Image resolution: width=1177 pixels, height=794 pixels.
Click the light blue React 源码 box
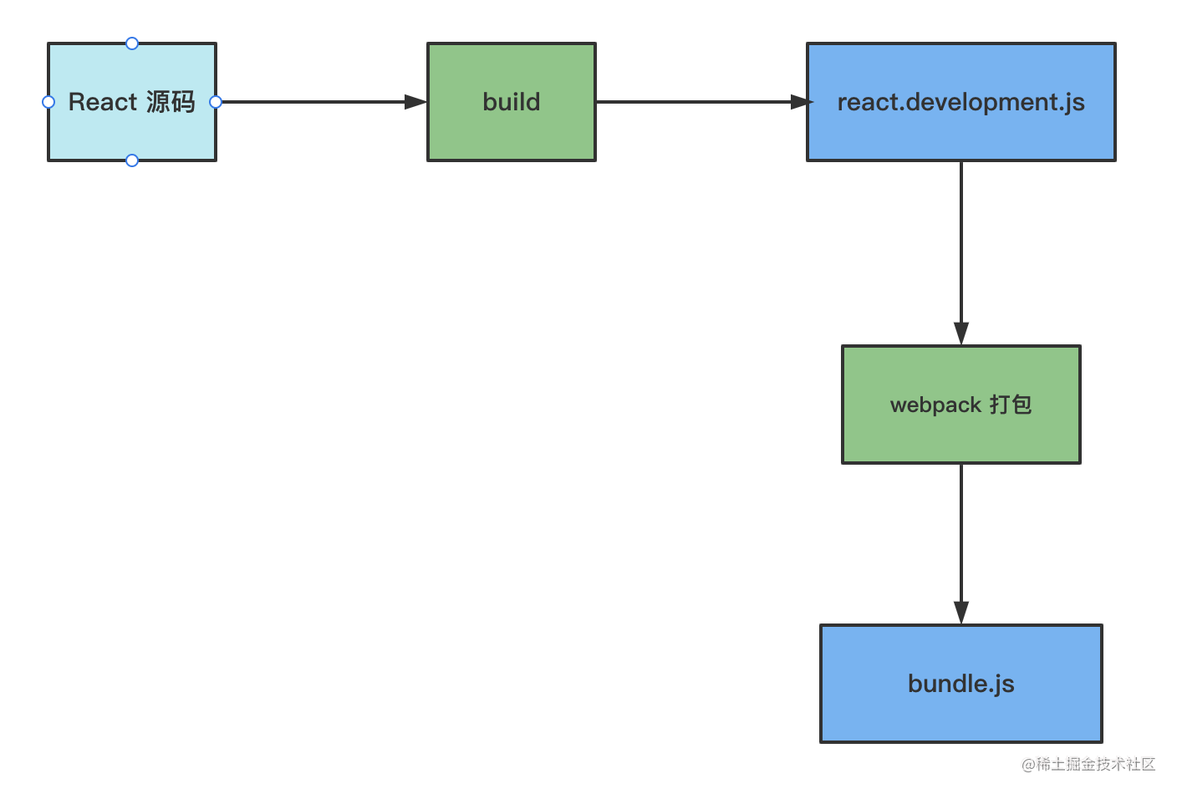[132, 102]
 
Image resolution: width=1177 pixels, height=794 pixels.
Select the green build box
[512, 102]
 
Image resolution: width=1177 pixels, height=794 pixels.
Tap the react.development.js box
[961, 102]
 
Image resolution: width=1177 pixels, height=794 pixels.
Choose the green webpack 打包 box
[961, 405]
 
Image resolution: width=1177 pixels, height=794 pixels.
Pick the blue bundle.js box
[961, 684]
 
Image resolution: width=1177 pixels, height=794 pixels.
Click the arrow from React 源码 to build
[322, 102]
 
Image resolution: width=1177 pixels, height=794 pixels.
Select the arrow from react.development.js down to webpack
[961, 253]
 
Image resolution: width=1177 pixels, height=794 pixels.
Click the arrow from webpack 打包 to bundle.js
[961, 544]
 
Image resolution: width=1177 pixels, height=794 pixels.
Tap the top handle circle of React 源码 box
[132, 43]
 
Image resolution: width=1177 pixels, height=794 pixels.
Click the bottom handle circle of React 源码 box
[132, 160]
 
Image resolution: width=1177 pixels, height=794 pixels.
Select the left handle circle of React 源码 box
[48, 102]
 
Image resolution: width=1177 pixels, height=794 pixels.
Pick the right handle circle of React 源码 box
[216, 102]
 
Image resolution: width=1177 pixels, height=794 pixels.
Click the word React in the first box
[103, 102]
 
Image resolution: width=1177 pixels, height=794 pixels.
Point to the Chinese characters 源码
[171, 102]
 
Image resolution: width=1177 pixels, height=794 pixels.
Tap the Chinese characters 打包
[1011, 405]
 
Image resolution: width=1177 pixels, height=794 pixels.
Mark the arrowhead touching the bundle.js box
[961, 613]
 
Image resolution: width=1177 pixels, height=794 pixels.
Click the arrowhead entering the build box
[415, 102]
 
